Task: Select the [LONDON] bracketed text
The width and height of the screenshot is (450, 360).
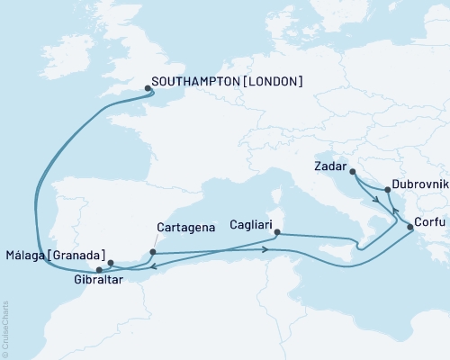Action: pyautogui.click(x=272, y=82)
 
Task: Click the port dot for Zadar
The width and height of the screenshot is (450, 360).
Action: pyautogui.click(x=352, y=171)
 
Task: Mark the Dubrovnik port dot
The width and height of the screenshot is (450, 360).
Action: pyautogui.click(x=388, y=190)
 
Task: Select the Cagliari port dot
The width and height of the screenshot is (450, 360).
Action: pyautogui.click(x=276, y=233)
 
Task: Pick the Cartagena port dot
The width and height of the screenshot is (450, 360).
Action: pyautogui.click(x=152, y=252)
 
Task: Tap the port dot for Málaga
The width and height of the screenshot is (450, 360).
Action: pyautogui.click(x=111, y=264)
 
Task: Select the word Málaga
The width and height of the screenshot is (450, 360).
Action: pyautogui.click(x=23, y=254)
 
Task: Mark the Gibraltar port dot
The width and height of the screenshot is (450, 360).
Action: pyautogui.click(x=99, y=269)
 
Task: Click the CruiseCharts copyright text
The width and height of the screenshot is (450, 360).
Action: pyautogui.click(x=6, y=323)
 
